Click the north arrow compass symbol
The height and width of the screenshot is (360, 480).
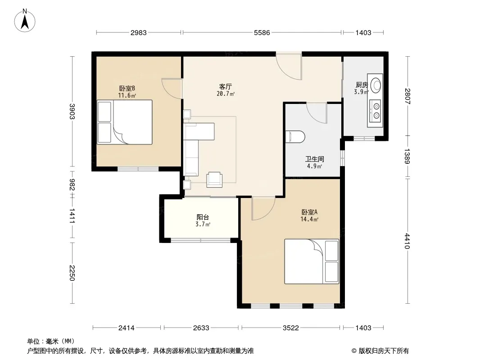(25, 21)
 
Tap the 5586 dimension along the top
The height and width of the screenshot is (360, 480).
(262, 33)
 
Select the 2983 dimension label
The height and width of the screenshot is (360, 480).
(138, 33)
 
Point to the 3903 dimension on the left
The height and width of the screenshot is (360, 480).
(72, 111)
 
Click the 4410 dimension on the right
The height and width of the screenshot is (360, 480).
(407, 241)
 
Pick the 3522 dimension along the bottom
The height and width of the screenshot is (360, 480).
(290, 328)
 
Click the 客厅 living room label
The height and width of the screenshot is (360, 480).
(226, 86)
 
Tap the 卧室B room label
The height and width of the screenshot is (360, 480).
(127, 88)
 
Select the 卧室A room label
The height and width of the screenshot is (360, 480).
(309, 212)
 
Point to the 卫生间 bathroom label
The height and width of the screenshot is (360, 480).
(314, 159)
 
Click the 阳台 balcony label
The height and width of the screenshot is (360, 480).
(203, 217)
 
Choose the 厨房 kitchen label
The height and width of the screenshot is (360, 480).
(362, 85)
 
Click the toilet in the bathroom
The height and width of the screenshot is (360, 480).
(295, 137)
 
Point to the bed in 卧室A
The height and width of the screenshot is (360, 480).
(312, 261)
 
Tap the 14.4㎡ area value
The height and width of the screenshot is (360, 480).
(309, 219)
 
